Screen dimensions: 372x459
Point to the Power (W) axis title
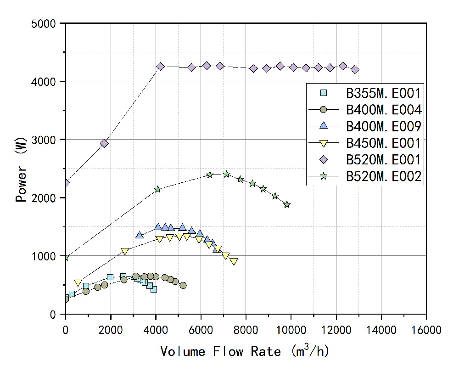(21, 169)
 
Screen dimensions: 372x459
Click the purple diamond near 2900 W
(104, 143)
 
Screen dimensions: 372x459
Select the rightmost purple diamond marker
(355, 69)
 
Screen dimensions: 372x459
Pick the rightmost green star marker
(287, 204)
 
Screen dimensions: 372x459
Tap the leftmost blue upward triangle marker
(140, 235)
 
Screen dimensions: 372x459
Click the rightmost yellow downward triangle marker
(234, 261)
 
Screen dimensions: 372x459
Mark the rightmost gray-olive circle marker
(183, 285)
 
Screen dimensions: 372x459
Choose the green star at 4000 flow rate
(157, 189)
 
